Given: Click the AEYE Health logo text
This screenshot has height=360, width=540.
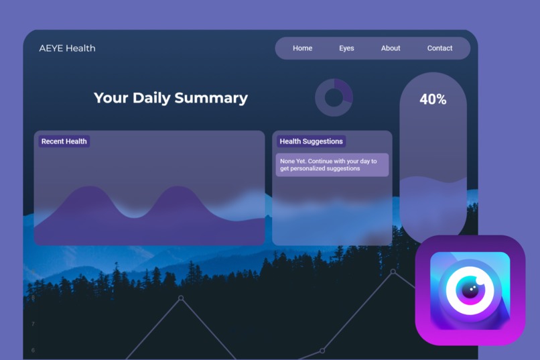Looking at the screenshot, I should (x=67, y=48).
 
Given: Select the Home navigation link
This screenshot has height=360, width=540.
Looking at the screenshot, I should (x=302, y=48).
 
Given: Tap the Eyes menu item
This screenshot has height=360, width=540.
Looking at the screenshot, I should (x=346, y=48).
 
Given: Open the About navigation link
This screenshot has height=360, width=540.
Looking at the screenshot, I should (x=391, y=48).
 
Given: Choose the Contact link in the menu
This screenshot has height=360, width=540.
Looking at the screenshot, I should (x=440, y=48).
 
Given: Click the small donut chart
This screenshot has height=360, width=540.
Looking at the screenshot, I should (x=334, y=98).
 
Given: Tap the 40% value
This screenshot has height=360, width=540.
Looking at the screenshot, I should (x=433, y=100).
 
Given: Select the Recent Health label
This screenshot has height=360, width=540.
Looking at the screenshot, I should (x=64, y=141).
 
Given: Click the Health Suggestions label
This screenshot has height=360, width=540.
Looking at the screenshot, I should (x=311, y=141).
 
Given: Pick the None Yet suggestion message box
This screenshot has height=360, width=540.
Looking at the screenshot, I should (x=332, y=165).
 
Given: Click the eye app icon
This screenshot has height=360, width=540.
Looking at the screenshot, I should (x=470, y=290).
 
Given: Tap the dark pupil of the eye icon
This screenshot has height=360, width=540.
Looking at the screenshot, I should (x=470, y=290).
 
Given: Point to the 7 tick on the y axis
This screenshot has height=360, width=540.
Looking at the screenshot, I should (x=33, y=324).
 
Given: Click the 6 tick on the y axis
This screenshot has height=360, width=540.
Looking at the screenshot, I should (x=33, y=350).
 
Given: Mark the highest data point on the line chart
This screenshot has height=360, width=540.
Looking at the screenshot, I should (x=393, y=272).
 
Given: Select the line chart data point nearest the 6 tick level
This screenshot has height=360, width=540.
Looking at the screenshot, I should (x=322, y=351).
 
